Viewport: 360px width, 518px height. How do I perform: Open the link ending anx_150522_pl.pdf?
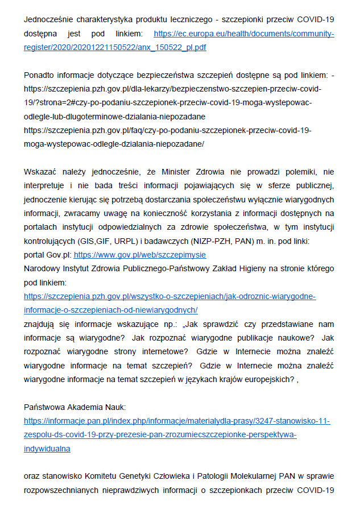click(x=115, y=47)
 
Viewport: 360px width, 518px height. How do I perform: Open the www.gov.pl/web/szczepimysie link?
click(x=140, y=255)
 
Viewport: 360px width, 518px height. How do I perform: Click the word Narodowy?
click(x=41, y=268)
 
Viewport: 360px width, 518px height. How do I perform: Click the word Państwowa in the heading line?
click(x=43, y=407)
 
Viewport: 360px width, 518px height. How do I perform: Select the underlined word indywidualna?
click(x=47, y=447)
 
